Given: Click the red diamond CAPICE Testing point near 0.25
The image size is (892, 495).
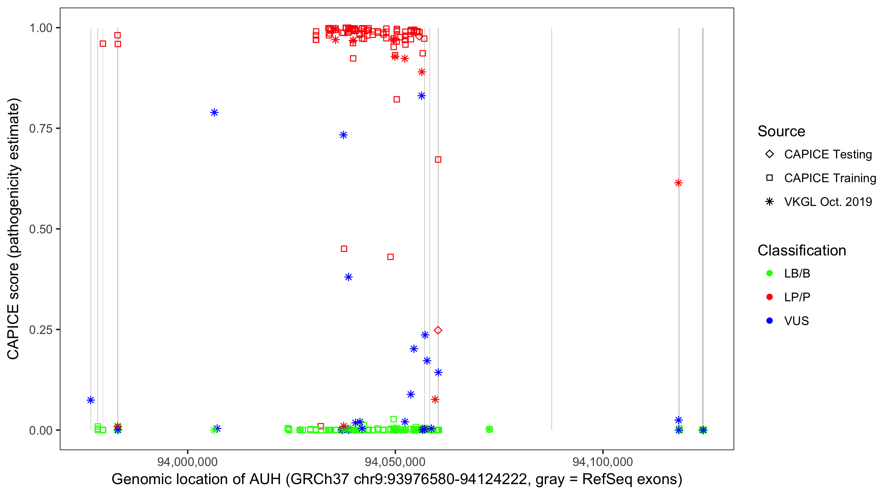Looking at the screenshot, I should pyautogui.click(x=438, y=330).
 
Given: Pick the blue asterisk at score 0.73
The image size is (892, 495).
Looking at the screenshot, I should pyautogui.click(x=344, y=135).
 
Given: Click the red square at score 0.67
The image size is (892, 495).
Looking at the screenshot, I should pyautogui.click(x=438, y=159).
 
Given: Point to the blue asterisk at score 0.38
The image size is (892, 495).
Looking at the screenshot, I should pyautogui.click(x=348, y=277).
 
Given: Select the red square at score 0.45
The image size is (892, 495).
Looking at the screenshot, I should pyautogui.click(x=344, y=249).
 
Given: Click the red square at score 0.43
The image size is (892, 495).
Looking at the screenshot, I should pyautogui.click(x=390, y=257).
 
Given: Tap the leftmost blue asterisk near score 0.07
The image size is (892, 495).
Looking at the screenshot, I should pyautogui.click(x=91, y=400).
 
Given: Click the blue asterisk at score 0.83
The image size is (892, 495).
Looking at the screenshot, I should pyautogui.click(x=422, y=96).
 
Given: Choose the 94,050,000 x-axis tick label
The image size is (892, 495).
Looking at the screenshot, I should pyautogui.click(x=395, y=462).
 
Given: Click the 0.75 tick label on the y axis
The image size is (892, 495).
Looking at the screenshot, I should pyautogui.click(x=40, y=129).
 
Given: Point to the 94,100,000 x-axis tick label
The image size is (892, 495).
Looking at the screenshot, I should pyautogui.click(x=603, y=462).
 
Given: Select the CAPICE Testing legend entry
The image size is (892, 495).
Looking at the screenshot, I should pyautogui.click(x=828, y=154).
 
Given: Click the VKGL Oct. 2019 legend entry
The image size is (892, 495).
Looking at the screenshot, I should pyautogui.click(x=828, y=202).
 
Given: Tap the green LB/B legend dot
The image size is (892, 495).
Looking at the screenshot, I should pyautogui.click(x=769, y=273).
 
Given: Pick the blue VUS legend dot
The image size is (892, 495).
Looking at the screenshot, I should pyautogui.click(x=769, y=321).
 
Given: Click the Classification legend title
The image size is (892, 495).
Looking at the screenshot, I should pyautogui.click(x=801, y=250).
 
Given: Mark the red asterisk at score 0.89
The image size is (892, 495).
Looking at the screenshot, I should pyautogui.click(x=422, y=72).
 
